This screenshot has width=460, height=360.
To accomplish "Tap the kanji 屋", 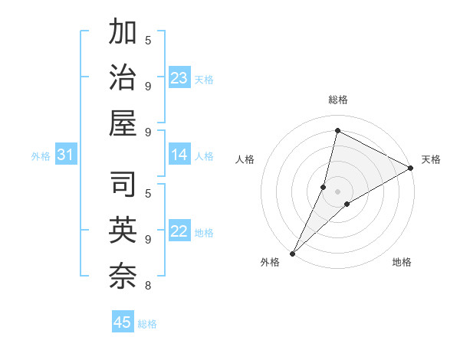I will click(123, 123).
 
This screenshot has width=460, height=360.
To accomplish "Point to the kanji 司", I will click(123, 186).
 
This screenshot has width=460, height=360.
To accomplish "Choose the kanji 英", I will click(123, 231).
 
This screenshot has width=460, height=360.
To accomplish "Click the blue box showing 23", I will click(179, 78).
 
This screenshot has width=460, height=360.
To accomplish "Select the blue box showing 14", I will click(179, 155).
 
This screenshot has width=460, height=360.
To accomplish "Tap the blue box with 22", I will click(179, 232).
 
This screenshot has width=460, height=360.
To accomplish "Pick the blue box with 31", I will click(65, 155).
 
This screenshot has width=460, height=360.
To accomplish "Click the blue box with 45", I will click(123, 322).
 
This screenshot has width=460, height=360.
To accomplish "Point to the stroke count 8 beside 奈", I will click(147, 286).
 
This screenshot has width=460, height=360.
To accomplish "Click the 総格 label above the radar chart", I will click(337, 100).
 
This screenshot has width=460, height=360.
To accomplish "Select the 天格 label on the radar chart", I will click(431, 159).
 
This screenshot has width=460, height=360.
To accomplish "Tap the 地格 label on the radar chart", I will click(402, 262).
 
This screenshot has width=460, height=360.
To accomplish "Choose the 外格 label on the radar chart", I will click(270, 262).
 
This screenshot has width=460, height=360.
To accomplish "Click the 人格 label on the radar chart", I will click(245, 159).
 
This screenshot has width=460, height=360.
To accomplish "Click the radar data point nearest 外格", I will click(292, 254).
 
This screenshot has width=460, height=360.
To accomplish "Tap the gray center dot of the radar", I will click(337, 191).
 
